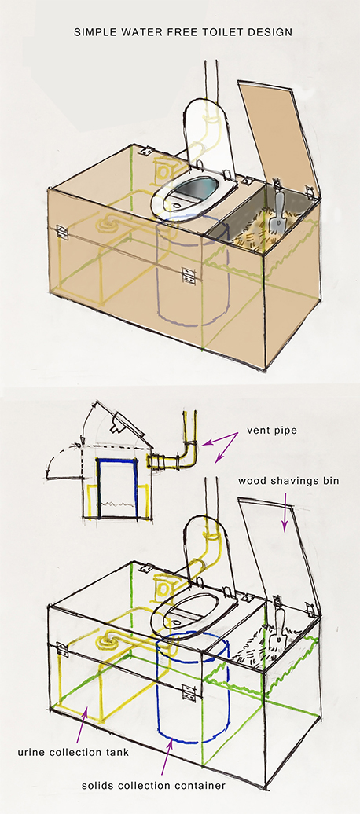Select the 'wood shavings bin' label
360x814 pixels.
click(288, 481)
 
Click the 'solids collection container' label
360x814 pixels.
click(154, 786)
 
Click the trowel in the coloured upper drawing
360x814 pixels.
click(280, 212)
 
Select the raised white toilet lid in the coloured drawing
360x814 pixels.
click(208, 130)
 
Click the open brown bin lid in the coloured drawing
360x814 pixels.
click(278, 137)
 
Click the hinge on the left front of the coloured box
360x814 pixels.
click(61, 232)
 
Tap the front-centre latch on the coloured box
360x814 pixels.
click(188, 274)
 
